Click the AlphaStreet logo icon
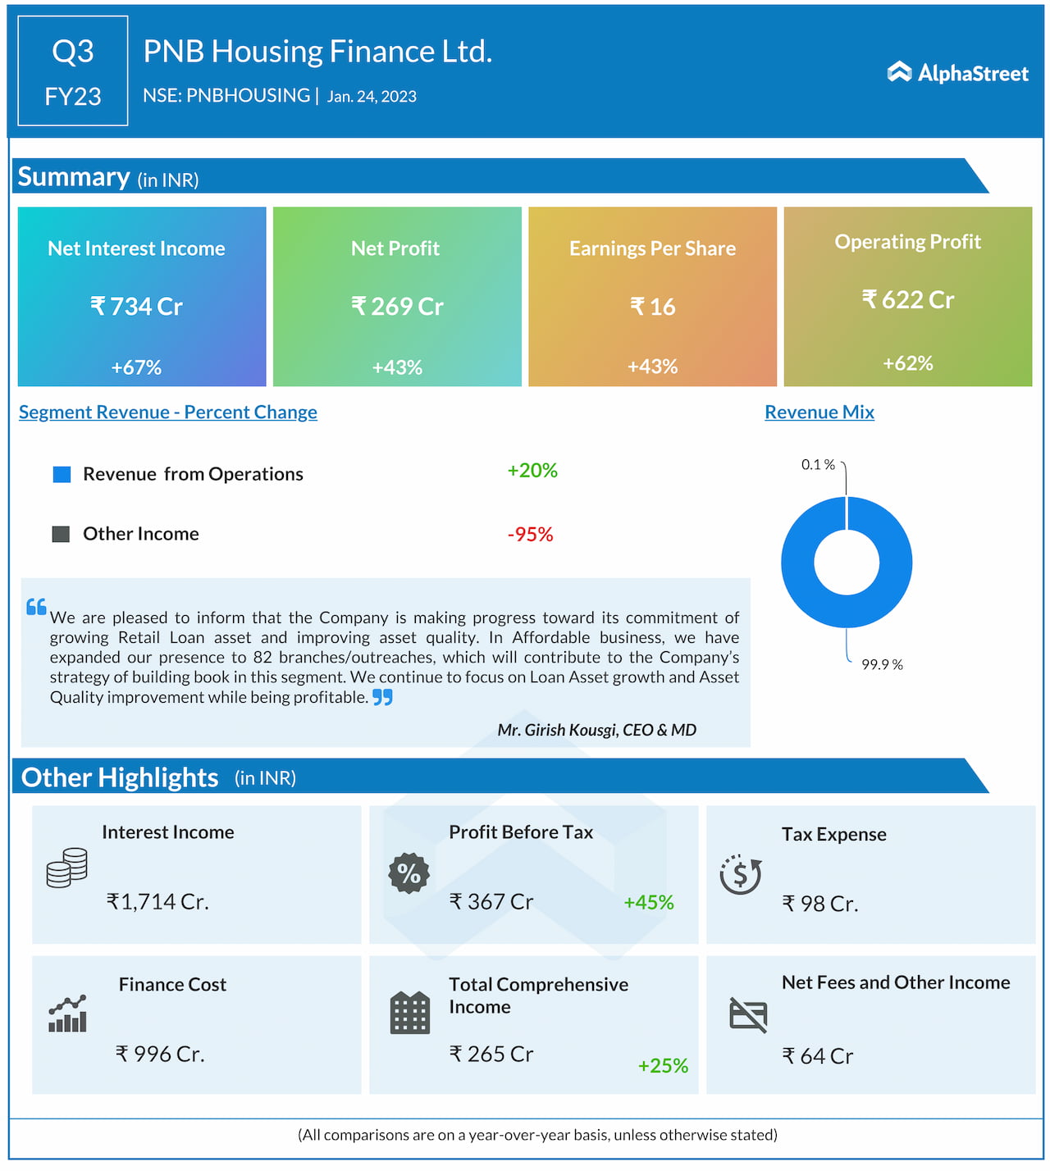coord(899,72)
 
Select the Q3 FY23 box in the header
coord(73,71)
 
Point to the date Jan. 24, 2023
coord(372,97)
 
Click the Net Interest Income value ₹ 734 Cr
coord(136,307)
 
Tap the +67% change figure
coord(136,367)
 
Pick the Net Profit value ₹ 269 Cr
coord(397,307)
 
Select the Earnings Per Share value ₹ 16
coord(652,307)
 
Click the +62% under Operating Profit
coord(907,363)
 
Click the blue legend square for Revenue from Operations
coord(62,475)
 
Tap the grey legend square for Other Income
coord(61,535)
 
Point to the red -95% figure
coord(530,535)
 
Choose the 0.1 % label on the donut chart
coord(818,465)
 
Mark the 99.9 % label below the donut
coord(882,664)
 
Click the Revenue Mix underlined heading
coord(819,412)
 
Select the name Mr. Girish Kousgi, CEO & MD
coord(596,730)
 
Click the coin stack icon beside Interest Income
coord(67,868)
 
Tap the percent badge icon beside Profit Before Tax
coord(409,873)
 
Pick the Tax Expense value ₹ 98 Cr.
coord(819,904)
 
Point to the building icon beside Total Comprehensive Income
coord(410,1013)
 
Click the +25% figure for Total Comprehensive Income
coord(663,1065)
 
